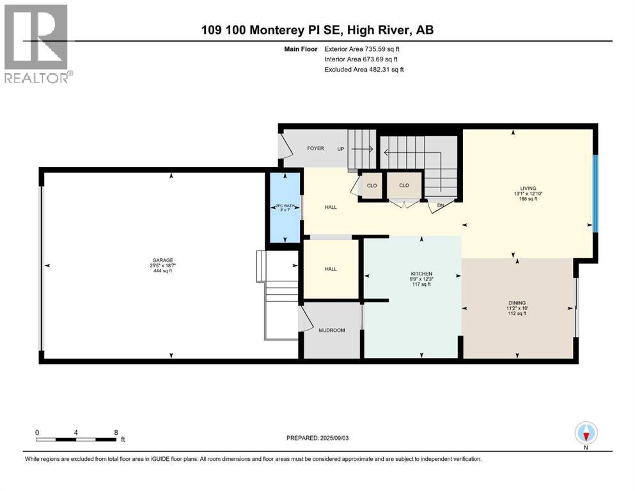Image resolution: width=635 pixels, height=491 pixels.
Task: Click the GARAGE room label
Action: [x=162, y=260]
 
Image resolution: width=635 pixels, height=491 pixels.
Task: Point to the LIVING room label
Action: [x=528, y=188]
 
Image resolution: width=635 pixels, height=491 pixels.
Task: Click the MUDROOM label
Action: [x=331, y=331]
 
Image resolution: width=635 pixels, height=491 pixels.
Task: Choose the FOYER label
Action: [x=315, y=148]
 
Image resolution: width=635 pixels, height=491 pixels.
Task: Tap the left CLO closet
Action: [x=372, y=185]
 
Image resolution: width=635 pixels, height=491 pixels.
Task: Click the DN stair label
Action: [x=441, y=205]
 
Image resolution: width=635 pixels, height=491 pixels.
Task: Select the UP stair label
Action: [x=341, y=148]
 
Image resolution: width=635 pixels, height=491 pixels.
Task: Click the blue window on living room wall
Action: [x=595, y=194]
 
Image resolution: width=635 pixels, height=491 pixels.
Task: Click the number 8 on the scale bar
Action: [x=116, y=432]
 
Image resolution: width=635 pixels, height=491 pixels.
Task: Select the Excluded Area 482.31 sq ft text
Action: [x=365, y=69]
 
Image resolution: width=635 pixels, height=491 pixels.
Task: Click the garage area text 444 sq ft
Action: [x=162, y=271]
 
